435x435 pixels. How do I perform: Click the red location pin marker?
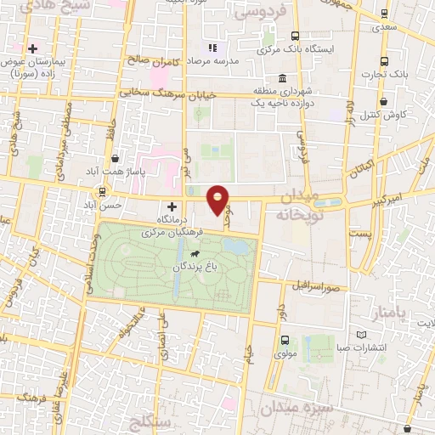[218, 199]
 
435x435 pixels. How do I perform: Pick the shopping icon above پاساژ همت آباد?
[116, 158]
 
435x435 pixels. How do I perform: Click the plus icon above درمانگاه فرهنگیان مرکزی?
[172, 206]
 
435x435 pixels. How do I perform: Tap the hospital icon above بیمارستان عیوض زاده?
[33, 48]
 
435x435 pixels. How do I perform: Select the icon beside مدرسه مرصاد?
[212, 48]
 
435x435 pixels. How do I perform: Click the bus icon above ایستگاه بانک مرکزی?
[295, 36]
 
